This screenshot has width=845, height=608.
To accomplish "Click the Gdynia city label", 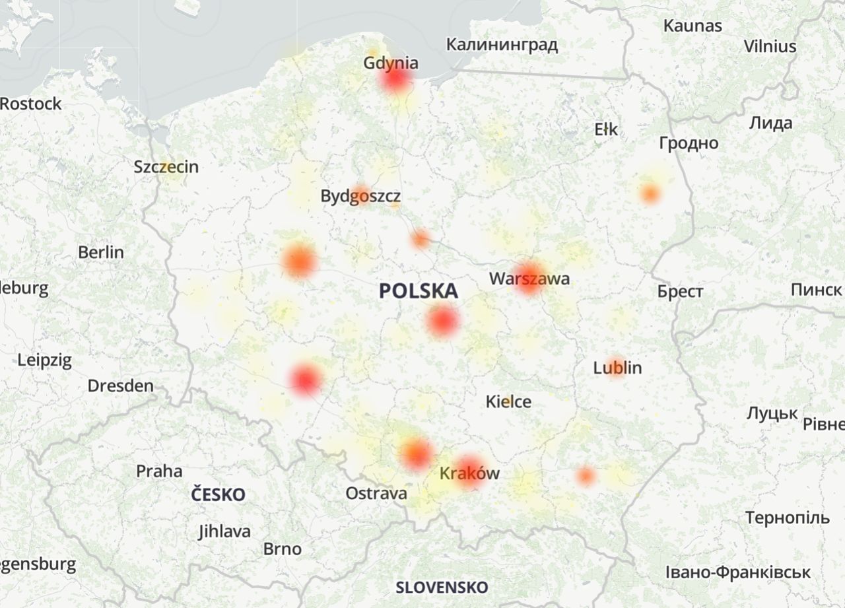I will click(390, 63).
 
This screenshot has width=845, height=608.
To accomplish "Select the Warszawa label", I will click(529, 279).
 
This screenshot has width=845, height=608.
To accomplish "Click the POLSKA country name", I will click(419, 291).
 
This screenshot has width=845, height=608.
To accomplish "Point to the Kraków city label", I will click(469, 473).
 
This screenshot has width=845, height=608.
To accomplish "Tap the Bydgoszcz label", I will click(360, 196).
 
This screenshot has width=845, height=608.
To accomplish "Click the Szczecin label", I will click(166, 166).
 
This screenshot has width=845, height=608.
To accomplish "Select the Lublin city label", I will click(617, 368).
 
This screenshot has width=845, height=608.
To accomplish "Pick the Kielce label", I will click(508, 401).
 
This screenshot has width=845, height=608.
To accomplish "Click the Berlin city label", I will click(101, 252).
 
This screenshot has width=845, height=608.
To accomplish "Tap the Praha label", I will click(159, 471).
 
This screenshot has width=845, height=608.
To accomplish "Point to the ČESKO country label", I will click(219, 494).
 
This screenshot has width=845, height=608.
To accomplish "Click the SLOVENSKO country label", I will click(442, 588).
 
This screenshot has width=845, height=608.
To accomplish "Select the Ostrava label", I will click(376, 494).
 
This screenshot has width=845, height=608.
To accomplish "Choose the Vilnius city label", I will click(770, 47).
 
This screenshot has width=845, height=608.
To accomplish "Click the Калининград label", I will click(502, 45).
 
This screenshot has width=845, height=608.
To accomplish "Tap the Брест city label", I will click(680, 292).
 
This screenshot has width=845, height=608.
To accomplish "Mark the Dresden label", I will click(121, 386).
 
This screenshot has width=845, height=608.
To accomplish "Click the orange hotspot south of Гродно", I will click(650, 194).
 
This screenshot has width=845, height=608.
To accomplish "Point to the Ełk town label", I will click(606, 129).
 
